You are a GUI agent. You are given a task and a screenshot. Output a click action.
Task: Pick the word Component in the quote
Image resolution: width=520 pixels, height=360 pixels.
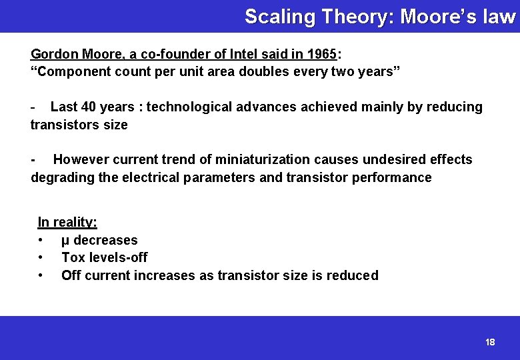tap(70, 72)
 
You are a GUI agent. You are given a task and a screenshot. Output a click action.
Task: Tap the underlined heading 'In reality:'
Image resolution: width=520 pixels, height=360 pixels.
tap(67, 222)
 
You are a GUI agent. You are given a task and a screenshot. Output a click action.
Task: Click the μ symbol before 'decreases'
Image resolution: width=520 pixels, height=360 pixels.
tap(65, 241)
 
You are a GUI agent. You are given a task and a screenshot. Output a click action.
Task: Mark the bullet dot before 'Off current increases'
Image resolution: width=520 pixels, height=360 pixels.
tap(41, 275)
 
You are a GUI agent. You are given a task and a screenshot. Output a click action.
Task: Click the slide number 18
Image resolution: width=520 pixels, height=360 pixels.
tap(490, 342)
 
